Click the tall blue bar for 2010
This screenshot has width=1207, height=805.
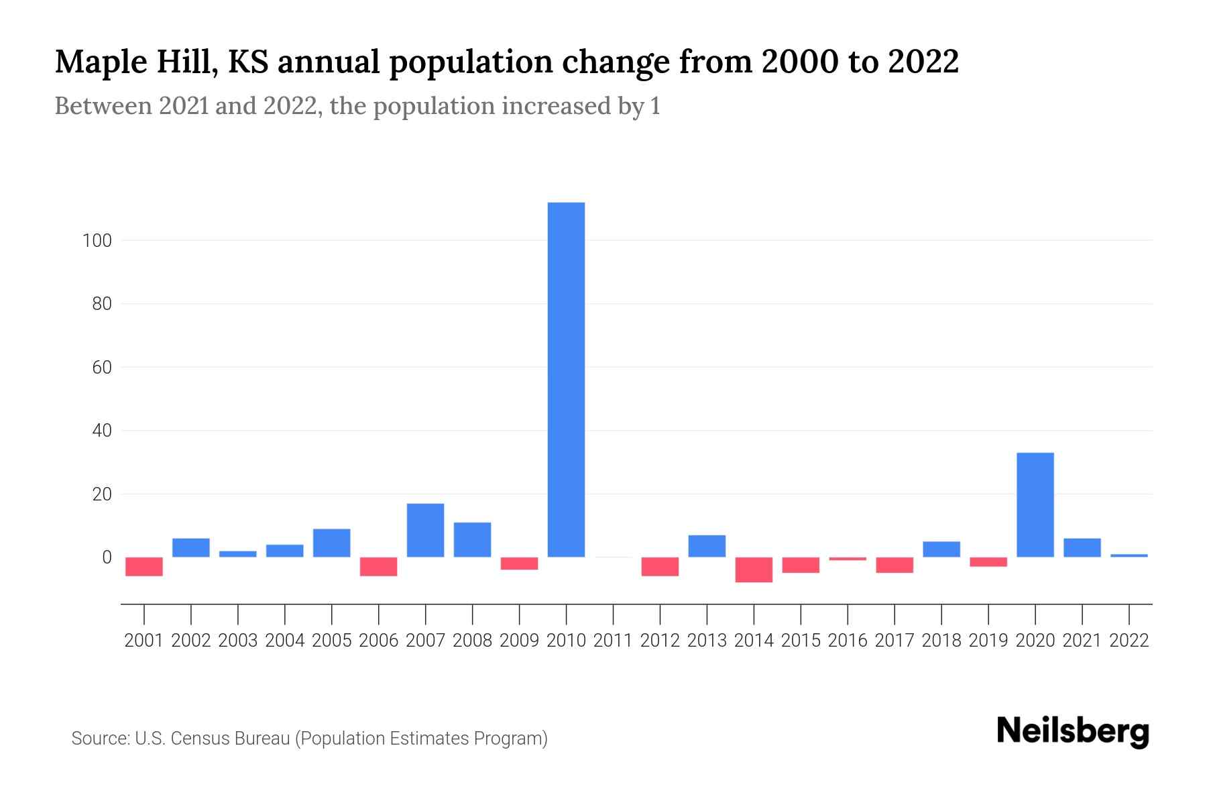pos(566,379)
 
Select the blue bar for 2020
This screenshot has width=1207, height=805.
pos(1035,504)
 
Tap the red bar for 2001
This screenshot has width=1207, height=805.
pos(144,566)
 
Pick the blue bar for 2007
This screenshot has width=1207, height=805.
pos(425,530)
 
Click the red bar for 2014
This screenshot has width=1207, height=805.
pos(754,570)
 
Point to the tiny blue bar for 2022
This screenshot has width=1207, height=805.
pos(1129,555)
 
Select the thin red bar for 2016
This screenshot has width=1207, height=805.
pos(848,559)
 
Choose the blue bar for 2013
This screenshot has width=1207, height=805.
pos(707,546)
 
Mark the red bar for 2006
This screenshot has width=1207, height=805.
pos(378,566)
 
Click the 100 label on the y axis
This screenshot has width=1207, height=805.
pos(97,240)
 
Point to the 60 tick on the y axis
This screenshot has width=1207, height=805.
pos(101,367)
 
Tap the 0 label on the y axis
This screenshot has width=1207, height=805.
pos(107,557)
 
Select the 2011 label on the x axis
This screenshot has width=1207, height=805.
pos(613,641)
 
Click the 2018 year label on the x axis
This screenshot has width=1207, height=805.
pos(941,641)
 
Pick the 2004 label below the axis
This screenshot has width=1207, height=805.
pos(285,641)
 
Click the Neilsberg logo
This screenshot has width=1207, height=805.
pos(1073,731)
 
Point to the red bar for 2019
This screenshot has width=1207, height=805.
pos(988,562)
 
